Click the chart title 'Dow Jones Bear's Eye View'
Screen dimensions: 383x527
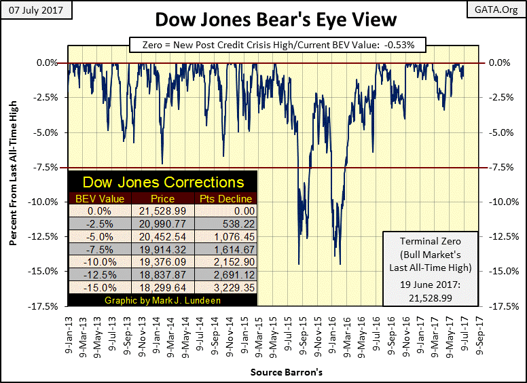[x=263, y=18]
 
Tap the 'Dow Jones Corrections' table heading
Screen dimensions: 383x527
[x=163, y=182]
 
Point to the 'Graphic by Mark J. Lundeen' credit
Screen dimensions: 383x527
[x=163, y=301]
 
